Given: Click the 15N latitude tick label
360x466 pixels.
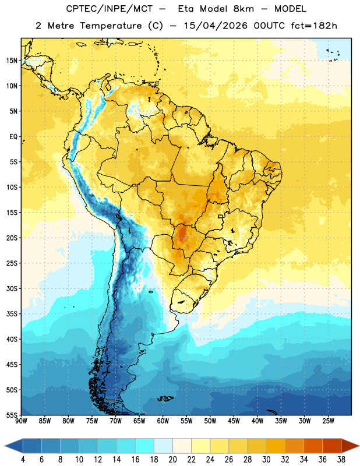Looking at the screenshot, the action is (12, 61).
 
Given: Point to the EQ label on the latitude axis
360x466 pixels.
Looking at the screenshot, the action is (13, 137).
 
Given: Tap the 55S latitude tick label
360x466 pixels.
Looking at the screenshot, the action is (12, 415).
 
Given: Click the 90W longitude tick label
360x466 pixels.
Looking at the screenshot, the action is (22, 421).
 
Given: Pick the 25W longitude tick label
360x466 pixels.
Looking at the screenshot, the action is (328, 421).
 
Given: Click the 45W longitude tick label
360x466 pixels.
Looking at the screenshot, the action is (234, 421).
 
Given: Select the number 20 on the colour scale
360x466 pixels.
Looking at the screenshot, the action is (172, 460).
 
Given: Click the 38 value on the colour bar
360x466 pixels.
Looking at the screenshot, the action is (341, 460).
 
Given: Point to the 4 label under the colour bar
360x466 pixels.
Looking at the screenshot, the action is (23, 460).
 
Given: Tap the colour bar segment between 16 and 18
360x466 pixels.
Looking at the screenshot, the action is (145, 446).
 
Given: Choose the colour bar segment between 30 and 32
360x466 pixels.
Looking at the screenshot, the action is (276, 446).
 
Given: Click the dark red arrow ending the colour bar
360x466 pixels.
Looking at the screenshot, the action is (350, 446).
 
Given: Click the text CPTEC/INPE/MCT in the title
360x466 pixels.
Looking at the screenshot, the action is (110, 9).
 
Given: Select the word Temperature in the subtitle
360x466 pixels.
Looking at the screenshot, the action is (111, 26).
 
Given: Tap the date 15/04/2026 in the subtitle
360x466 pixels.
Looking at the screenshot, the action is (215, 26).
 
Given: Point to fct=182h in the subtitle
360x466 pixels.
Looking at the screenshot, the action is (314, 26).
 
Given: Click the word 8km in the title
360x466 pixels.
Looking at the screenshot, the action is (243, 9).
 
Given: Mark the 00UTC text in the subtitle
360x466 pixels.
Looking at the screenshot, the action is (269, 26).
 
